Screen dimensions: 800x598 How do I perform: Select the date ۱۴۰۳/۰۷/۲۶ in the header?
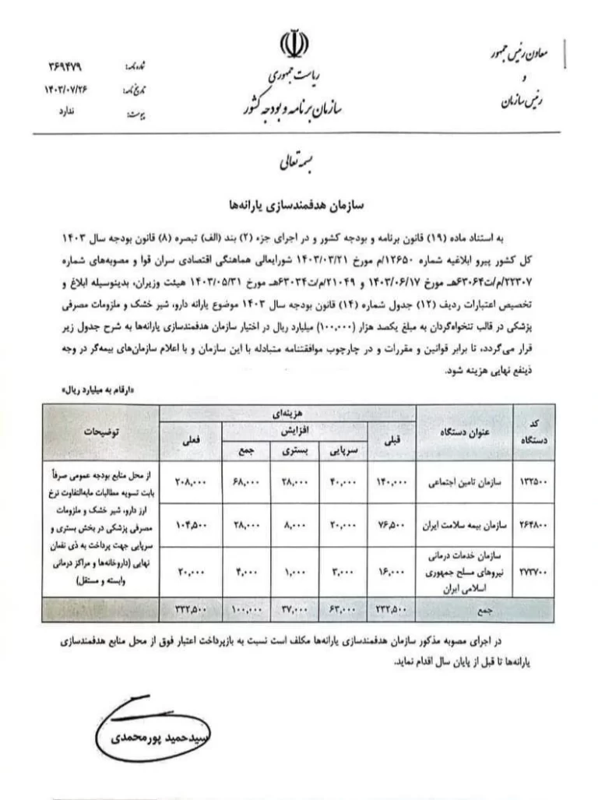click(x=65, y=90)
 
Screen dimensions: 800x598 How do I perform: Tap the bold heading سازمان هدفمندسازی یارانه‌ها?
click(x=299, y=205)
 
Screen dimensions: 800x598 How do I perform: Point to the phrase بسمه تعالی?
click(x=299, y=164)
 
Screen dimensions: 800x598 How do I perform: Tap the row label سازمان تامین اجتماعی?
click(x=462, y=483)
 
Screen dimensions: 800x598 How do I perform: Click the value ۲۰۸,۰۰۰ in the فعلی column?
click(x=190, y=483)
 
